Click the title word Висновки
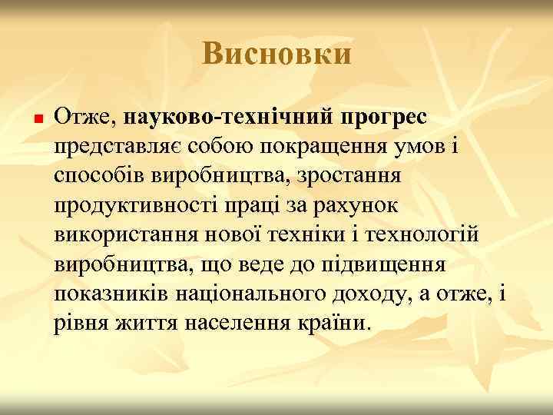pyautogui.click(x=277, y=55)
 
